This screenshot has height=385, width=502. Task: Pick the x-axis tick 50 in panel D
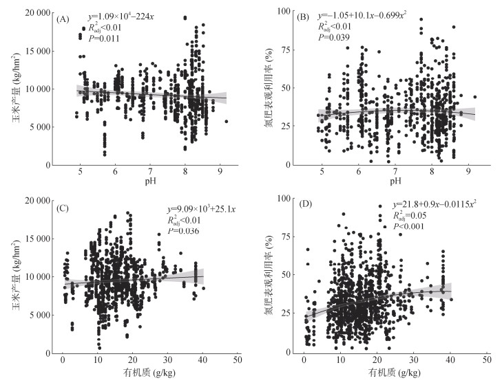pos(486,360)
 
